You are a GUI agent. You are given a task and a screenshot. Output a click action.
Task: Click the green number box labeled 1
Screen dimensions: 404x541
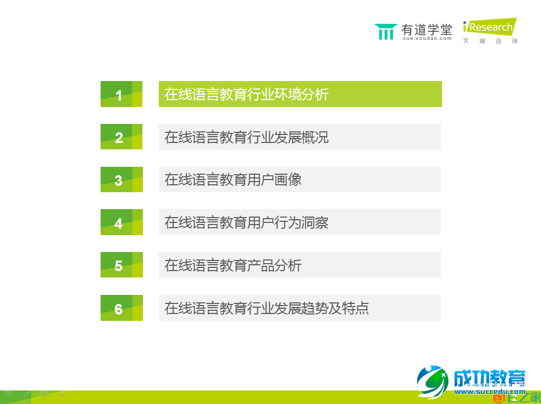[121, 94]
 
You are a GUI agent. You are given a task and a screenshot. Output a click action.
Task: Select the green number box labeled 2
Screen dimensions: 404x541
[121, 137]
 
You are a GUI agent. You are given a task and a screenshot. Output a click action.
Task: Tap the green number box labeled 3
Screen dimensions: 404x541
[121, 179]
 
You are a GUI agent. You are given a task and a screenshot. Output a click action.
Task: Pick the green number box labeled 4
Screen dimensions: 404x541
[121, 222]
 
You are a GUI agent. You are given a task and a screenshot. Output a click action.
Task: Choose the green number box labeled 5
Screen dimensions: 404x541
[121, 265]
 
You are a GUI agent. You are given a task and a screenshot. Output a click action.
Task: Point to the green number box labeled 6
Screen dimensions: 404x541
[121, 308]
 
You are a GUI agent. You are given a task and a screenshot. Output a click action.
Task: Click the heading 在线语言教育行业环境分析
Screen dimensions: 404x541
[247, 94]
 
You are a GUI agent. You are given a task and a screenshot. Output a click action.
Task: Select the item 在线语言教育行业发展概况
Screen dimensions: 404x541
[247, 137]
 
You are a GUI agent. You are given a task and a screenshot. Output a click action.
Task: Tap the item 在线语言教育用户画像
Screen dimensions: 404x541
[233, 179]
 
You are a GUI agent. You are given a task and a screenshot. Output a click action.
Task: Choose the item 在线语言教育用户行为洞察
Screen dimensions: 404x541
[247, 222]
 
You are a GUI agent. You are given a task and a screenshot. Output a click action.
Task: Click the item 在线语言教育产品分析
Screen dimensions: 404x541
[233, 265]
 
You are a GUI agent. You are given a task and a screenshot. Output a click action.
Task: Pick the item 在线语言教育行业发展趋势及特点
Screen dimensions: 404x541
[266, 308]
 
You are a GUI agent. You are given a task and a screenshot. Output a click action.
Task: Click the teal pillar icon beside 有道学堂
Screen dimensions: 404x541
[385, 32]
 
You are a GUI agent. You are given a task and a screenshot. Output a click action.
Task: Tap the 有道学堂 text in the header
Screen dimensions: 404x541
[427, 29]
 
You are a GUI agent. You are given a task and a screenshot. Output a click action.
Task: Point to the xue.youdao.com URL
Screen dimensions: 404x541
[427, 39]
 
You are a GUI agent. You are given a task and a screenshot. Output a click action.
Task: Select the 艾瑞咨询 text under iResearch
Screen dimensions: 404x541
[490, 41]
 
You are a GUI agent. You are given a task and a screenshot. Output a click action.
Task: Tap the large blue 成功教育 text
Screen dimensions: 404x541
[490, 379]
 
